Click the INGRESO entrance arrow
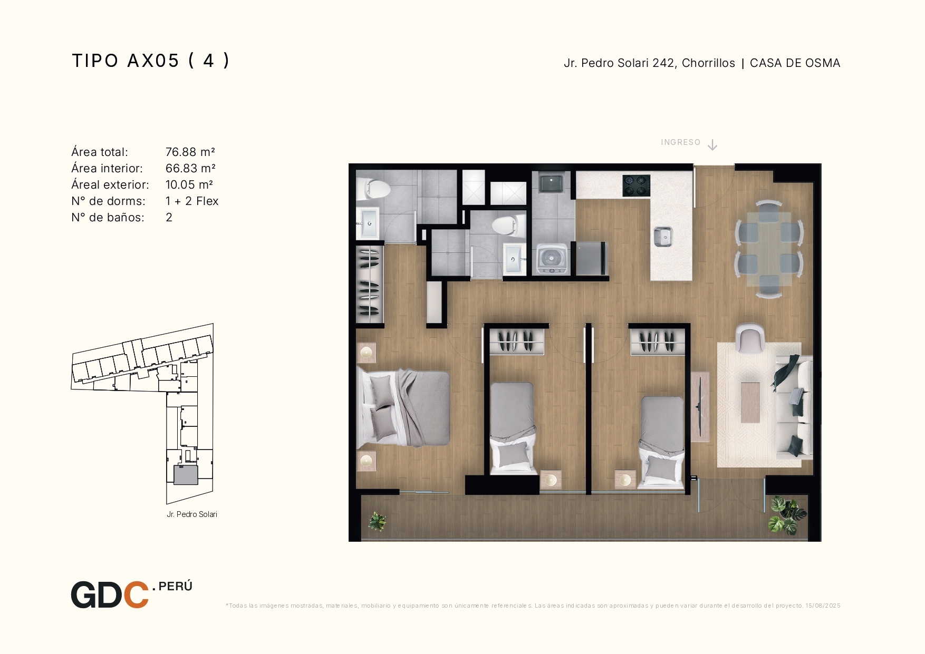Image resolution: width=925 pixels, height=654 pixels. point(712,145)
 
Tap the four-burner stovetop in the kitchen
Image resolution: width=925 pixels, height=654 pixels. point(636,186)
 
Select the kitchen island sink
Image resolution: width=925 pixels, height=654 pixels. point(663,237)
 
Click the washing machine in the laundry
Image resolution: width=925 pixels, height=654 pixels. point(552,259)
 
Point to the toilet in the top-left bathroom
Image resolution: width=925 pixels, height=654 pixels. point(373,188)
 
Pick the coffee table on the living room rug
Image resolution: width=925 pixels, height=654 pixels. point(750,402)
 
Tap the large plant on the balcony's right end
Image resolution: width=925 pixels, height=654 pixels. point(787,515)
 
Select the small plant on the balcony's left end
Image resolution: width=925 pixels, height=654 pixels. point(378,521)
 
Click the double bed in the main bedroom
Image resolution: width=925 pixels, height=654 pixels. point(403,407)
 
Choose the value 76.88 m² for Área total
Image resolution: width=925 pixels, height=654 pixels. point(190,152)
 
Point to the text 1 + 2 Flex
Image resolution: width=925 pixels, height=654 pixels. point(192,201)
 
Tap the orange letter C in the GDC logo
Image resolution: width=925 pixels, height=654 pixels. point(136,595)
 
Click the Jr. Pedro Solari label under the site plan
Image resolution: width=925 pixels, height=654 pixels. point(192,514)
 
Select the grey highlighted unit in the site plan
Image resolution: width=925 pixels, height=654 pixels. point(186,475)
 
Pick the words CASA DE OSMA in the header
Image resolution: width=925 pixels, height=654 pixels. point(795,63)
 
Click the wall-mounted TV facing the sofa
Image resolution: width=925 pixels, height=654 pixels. point(699,407)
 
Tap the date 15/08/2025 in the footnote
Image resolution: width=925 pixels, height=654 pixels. point(823,606)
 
